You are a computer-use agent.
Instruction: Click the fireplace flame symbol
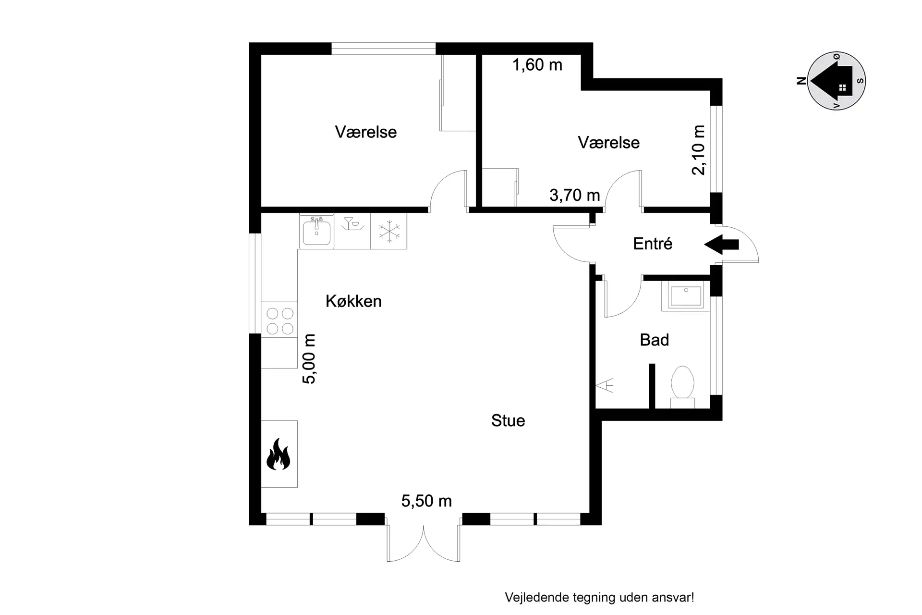pos(279,454)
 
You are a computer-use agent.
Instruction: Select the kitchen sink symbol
pos(316,231)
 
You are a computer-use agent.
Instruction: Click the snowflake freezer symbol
pos(389,231)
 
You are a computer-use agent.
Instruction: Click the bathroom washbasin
pos(686,295)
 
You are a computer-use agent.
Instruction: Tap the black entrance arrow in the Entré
pos(721,245)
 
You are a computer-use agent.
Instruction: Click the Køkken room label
pos(353,301)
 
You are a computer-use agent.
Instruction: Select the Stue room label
pos(508,420)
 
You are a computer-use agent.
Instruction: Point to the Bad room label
pos(654,340)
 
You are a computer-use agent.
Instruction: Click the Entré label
pos(653,244)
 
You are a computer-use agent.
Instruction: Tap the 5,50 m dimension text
pos(426,501)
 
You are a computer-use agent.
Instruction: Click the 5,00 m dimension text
pos(309,359)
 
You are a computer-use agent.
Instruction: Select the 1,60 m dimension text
pos(537,65)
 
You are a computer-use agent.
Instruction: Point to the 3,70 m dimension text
pos(575,195)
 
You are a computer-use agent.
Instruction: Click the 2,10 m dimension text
pos(699,150)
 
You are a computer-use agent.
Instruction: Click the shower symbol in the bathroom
pos(605,386)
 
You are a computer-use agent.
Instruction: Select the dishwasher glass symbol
pos(352,224)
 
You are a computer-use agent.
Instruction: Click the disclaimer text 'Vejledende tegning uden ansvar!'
pos(599,597)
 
